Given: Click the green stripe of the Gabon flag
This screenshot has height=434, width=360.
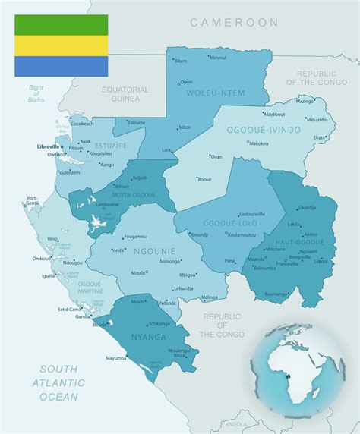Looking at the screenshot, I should [x=61, y=25].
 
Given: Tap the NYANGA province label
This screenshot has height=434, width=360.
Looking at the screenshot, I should [x=147, y=336].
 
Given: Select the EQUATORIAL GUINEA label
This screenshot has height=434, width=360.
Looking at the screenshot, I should [x=125, y=94].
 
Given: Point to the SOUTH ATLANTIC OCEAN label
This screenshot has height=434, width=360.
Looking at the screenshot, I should [x=58, y=382].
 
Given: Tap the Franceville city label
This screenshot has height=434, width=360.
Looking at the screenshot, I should [x=286, y=264].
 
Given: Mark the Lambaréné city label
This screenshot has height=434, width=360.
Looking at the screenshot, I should [x=107, y=204].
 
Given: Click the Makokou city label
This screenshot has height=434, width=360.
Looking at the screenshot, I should [x=259, y=143].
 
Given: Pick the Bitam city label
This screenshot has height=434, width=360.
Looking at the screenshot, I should [x=181, y=61].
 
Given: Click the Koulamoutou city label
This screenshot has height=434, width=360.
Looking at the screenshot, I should [x=242, y=234].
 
